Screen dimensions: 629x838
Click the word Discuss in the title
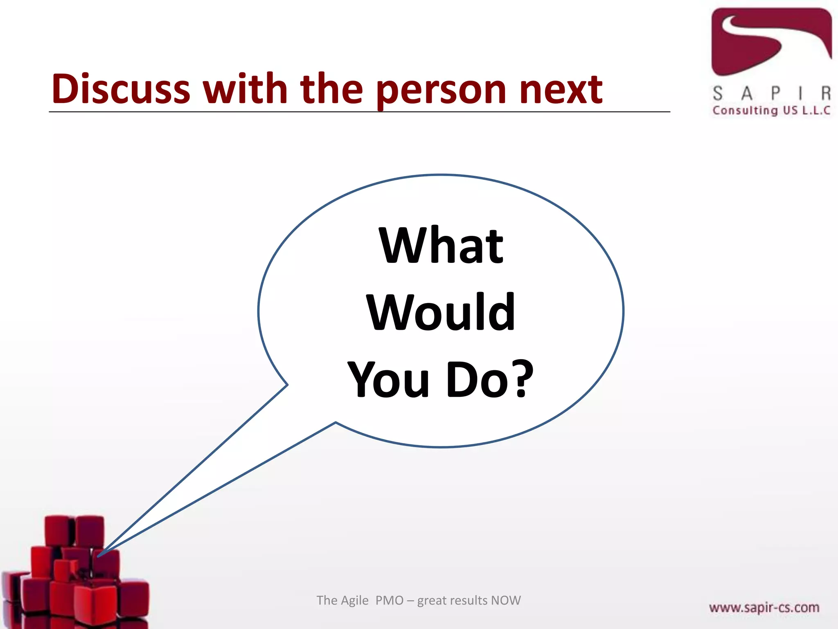point(121,89)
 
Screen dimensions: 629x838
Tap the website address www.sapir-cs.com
point(764,607)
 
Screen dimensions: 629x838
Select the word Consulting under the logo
point(745,111)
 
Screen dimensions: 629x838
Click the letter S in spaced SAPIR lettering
point(718,93)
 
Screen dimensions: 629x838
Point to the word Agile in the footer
point(355,600)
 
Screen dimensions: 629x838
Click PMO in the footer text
point(389,600)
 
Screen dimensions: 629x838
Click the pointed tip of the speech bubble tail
point(98,556)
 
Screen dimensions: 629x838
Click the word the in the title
point(331,89)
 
